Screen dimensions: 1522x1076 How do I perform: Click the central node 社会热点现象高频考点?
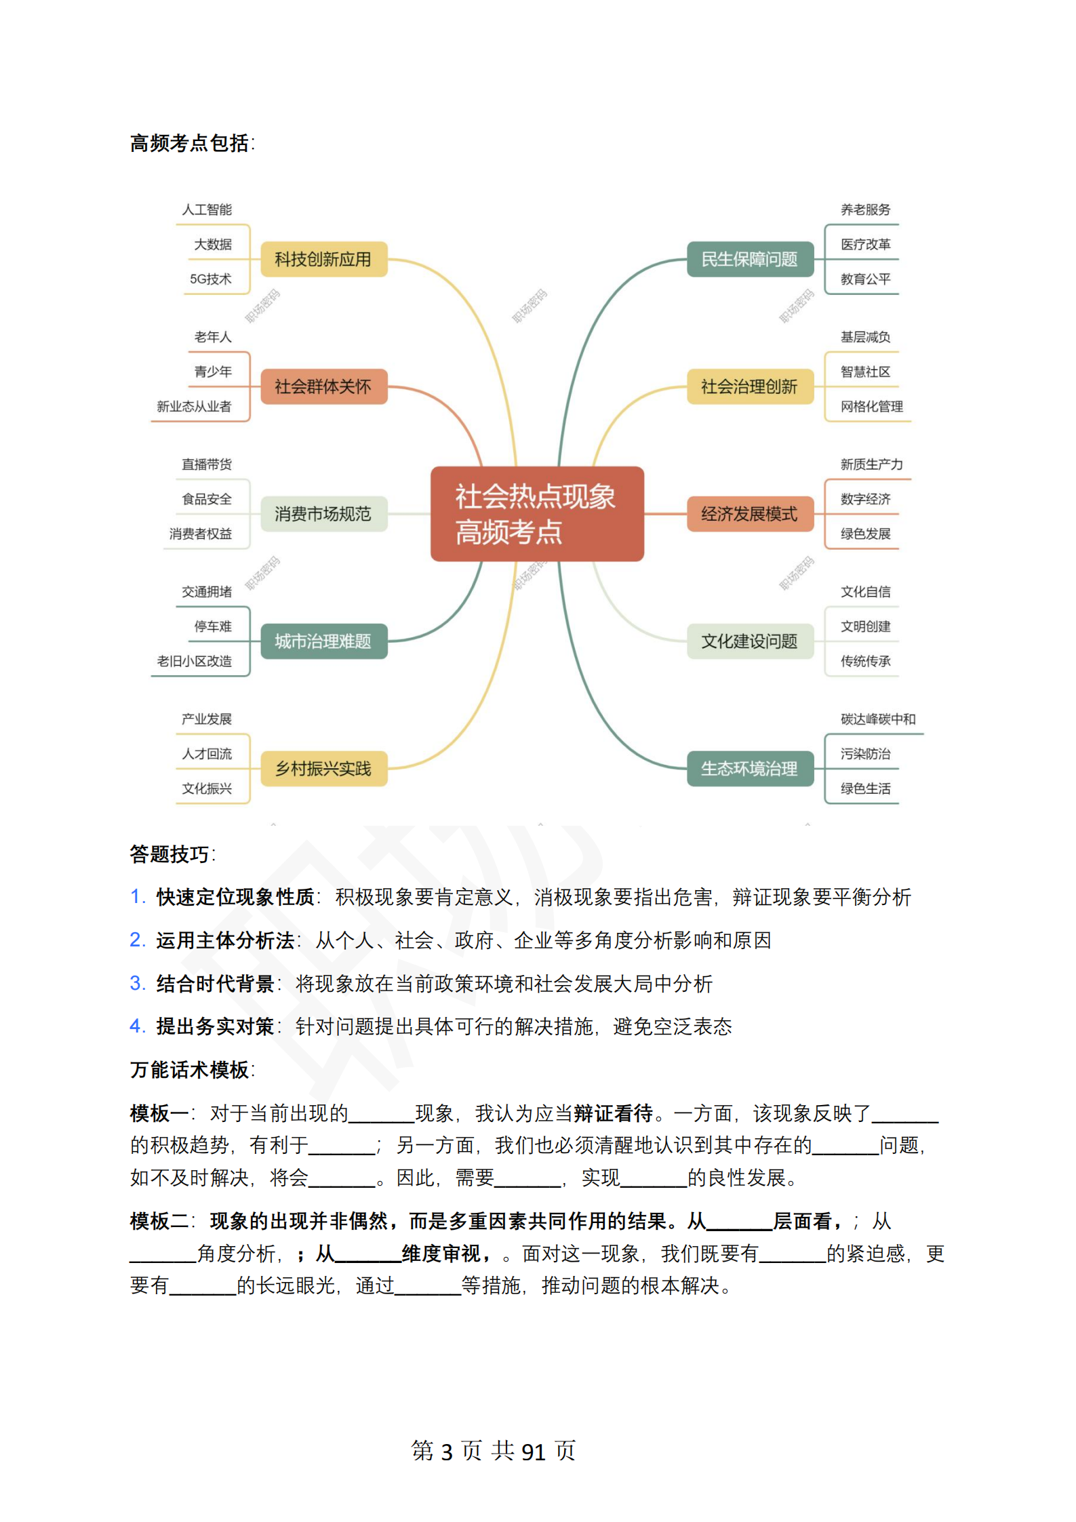[x=536, y=513]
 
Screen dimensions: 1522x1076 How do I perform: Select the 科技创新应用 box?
[x=323, y=259]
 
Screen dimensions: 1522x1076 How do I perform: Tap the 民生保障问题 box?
[x=749, y=259]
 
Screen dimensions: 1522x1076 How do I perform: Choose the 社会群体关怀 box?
[x=323, y=386]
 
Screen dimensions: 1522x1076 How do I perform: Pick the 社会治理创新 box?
[x=749, y=386]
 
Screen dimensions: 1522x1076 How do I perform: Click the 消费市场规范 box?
[x=323, y=514]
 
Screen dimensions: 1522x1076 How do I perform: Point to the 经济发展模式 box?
[x=749, y=514]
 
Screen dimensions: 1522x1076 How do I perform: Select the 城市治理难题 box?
[x=323, y=641]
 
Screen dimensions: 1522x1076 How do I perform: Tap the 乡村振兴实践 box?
[x=323, y=769]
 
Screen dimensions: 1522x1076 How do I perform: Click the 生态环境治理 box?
[x=749, y=769]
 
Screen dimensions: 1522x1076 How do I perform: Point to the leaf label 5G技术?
[x=210, y=279]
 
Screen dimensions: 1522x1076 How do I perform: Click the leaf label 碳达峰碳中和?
[x=877, y=719]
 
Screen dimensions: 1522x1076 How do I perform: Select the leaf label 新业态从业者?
[x=194, y=407]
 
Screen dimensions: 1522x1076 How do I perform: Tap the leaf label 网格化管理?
[x=871, y=407]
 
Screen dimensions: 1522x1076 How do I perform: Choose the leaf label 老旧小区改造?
[x=194, y=661]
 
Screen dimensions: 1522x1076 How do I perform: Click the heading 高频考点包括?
[x=191, y=144]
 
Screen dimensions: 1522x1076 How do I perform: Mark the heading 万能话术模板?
[x=191, y=1070]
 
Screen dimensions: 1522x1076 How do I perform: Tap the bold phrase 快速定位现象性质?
[x=235, y=897]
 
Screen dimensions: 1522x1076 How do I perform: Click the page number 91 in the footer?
[x=533, y=1451]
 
